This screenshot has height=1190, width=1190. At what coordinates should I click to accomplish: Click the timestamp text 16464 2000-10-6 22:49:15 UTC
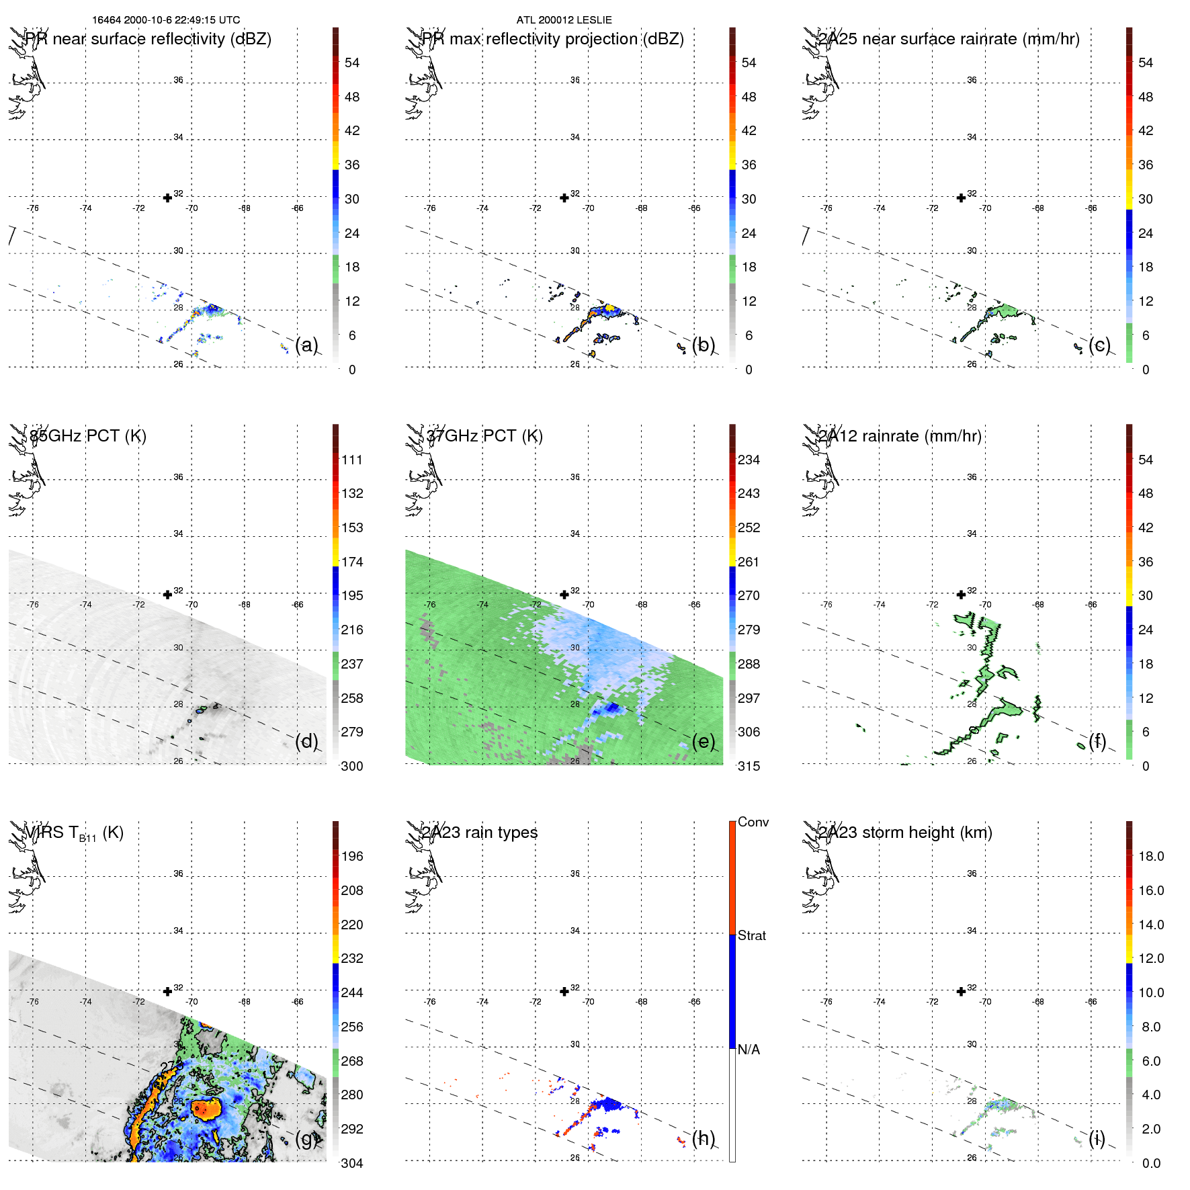point(166,20)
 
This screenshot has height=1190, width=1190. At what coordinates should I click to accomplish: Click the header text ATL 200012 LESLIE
point(564,20)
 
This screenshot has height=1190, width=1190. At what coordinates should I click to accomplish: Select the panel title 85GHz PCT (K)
point(88,436)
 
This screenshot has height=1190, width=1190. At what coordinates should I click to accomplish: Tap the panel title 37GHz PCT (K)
point(484,436)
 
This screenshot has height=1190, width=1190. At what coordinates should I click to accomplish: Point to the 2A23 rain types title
point(480,833)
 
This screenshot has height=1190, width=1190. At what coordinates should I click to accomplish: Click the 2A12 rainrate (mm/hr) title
point(900,436)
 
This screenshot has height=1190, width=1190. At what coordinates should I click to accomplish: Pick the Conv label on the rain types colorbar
point(753,822)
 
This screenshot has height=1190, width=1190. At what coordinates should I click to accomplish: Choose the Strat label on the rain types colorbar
point(751,935)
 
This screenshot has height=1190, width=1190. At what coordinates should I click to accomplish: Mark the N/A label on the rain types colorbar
point(749,1050)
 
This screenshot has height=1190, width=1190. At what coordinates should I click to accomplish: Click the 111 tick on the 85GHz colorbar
point(351,460)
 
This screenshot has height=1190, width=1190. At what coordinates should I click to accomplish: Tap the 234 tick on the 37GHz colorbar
point(749,460)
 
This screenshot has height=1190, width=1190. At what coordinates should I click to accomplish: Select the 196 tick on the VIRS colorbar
point(351,856)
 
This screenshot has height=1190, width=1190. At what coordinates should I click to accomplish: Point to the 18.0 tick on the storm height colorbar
point(1150,856)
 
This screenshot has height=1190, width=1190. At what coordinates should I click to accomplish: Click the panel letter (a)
point(306,345)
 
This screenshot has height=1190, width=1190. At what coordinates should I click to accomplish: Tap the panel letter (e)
point(704,741)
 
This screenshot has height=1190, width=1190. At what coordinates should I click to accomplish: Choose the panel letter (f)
point(1097,741)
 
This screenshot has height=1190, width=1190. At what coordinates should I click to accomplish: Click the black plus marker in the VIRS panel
point(167,991)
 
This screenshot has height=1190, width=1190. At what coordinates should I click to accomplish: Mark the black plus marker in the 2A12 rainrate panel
point(961,595)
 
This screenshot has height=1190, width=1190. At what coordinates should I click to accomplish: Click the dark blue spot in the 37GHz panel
point(611,708)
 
